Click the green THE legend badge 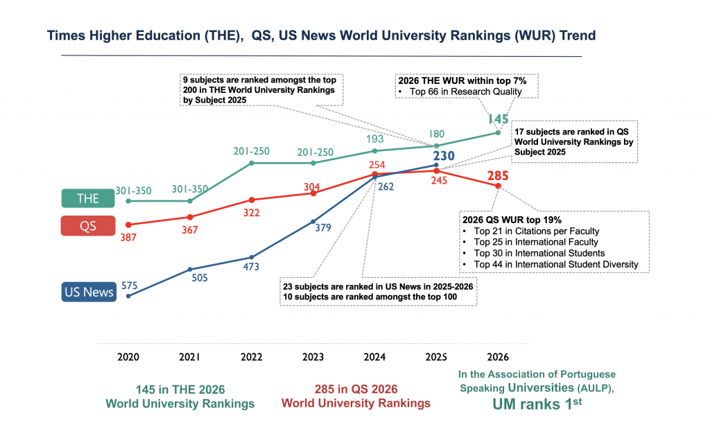[x=88, y=198]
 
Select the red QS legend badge [x=88, y=226]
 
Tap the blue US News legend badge [x=88, y=292]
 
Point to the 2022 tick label [x=251, y=357]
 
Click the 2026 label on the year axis [x=498, y=357]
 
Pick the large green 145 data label [x=498, y=119]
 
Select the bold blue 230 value [x=444, y=157]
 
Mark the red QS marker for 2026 [x=499, y=186]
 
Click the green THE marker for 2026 [x=499, y=132]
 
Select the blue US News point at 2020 [x=128, y=296]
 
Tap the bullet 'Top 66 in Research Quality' [x=459, y=92]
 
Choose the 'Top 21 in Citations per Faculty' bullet [x=536, y=231]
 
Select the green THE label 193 [x=374, y=139]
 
